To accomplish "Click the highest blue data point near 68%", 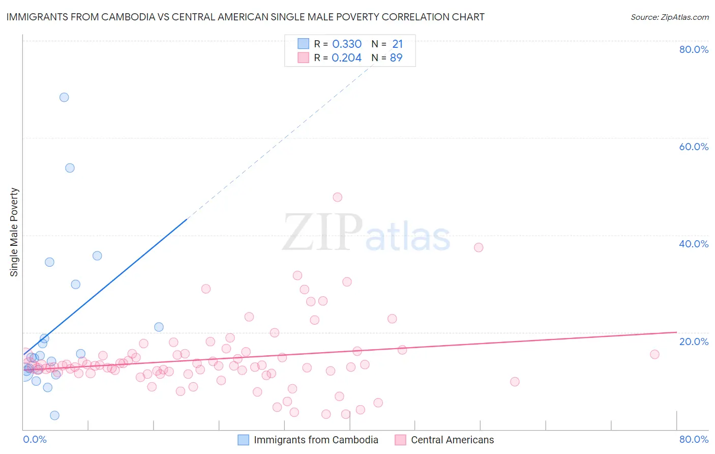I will pyautogui.click(x=64, y=97).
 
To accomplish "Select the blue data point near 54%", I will pyautogui.click(x=70, y=168).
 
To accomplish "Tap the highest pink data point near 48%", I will pyautogui.click(x=338, y=197).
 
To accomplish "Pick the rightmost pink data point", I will pyautogui.click(x=654, y=354).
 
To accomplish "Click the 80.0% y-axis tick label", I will pyautogui.click(x=694, y=49).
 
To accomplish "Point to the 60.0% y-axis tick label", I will pyautogui.click(x=694, y=147).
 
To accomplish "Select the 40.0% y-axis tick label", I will pyautogui.click(x=694, y=244).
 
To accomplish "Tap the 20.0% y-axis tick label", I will pyautogui.click(x=694, y=342).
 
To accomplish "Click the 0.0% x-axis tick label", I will pyautogui.click(x=35, y=439).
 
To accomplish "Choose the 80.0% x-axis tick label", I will pyautogui.click(x=694, y=439).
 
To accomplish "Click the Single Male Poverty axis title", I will pyautogui.click(x=14, y=232).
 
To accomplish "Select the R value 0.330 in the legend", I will pyautogui.click(x=347, y=44).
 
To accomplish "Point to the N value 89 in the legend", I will pyautogui.click(x=396, y=58).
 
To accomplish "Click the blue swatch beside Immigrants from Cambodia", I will pyautogui.click(x=244, y=440).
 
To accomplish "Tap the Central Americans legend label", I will pyautogui.click(x=452, y=440).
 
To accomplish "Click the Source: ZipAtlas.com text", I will pyautogui.click(x=669, y=17).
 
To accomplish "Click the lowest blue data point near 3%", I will pyautogui.click(x=55, y=415).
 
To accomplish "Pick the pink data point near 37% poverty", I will pyautogui.click(x=479, y=247).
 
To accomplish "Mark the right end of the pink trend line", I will pyautogui.click(x=676, y=332).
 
